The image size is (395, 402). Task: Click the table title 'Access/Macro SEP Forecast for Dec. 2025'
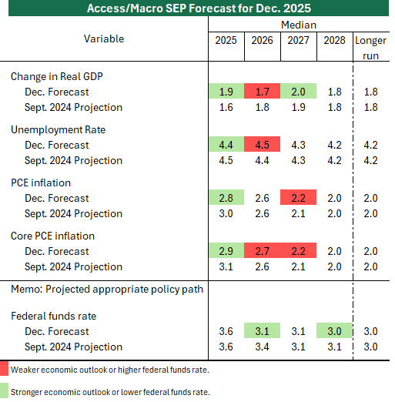(199, 8)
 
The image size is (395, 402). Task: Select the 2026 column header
(262, 40)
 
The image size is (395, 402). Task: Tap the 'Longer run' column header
(370, 48)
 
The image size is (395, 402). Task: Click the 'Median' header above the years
(299, 25)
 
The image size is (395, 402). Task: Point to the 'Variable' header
(104, 39)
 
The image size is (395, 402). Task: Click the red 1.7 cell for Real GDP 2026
(262, 91)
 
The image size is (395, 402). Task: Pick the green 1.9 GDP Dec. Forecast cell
(226, 91)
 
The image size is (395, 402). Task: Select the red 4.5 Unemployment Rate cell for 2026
(262, 144)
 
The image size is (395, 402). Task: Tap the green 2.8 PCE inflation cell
(226, 197)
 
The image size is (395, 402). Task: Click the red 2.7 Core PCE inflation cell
(262, 250)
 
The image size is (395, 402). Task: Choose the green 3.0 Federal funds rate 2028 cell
(335, 330)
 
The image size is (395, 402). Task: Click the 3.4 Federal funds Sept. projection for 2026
(262, 347)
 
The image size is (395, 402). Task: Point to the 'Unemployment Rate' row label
(58, 130)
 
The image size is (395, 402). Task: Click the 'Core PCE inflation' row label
(52, 236)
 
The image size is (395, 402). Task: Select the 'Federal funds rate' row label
(53, 316)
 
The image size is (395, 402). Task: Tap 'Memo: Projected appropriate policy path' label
(107, 290)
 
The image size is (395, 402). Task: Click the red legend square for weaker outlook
(4, 368)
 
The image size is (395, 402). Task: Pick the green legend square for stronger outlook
(4, 390)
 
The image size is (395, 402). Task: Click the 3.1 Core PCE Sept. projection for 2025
(226, 266)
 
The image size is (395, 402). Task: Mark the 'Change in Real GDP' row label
(57, 77)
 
